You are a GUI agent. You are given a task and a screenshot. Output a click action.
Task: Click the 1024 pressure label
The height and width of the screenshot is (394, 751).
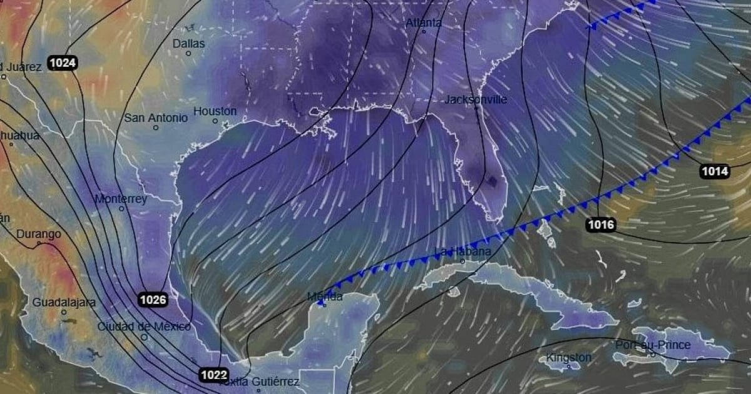[62, 63]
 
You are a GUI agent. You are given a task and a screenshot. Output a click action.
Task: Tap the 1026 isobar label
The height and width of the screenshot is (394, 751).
[153, 300]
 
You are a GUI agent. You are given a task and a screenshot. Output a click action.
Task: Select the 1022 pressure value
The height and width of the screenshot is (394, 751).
[214, 375]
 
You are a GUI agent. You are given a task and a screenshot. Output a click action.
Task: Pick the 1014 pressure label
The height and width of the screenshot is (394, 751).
[715, 171]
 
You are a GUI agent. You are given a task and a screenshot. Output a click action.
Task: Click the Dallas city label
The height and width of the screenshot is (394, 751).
[188, 43]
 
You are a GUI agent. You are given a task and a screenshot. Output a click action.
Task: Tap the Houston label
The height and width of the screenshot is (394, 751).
[215, 111]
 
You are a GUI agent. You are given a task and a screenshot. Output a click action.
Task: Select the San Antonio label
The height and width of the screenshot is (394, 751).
[156, 118]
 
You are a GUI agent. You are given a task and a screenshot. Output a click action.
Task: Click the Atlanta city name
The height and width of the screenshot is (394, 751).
[424, 23]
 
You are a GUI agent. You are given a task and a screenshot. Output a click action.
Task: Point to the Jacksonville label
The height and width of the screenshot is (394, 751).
[476, 99]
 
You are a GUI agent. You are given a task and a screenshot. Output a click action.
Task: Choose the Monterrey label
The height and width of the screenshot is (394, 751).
[121, 199]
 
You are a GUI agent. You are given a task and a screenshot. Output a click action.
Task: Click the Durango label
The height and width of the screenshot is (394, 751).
[39, 234]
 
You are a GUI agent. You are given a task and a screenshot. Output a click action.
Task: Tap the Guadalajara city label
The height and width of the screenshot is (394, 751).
[64, 303]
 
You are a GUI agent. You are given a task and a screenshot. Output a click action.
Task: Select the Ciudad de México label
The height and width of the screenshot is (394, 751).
[144, 326]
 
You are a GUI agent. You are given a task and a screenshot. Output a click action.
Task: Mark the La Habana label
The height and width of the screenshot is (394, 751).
[462, 252]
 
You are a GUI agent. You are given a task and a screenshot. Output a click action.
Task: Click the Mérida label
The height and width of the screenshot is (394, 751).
[325, 296]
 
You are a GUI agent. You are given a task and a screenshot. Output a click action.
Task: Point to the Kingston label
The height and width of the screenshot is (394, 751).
[568, 358]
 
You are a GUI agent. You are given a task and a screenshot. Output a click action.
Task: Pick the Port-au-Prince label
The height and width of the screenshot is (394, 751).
[653, 345]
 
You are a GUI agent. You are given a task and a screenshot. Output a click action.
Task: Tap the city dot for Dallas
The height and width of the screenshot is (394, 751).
[188, 54]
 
